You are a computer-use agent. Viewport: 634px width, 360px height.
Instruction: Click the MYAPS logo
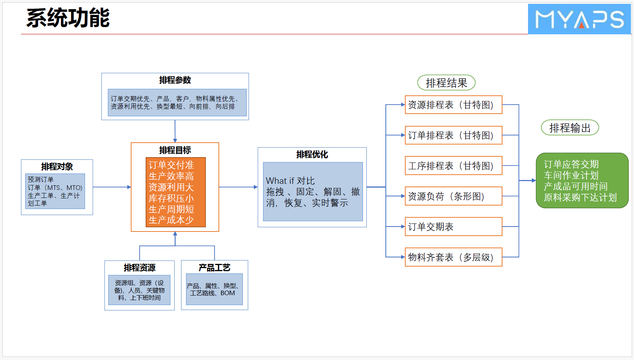pos(579,19)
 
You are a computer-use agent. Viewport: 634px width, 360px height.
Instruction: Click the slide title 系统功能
pos(68,18)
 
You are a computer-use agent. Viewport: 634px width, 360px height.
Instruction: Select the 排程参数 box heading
pos(175,80)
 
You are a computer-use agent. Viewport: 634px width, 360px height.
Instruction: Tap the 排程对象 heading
pos(57,167)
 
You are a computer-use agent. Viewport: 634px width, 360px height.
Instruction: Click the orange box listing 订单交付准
pos(175,192)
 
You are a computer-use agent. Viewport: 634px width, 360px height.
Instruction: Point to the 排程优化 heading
pos(312,154)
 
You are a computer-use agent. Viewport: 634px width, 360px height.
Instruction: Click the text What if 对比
pos(290,181)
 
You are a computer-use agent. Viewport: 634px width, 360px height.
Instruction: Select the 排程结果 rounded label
pos(446,83)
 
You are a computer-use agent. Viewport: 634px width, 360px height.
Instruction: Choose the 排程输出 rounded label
pos(570,128)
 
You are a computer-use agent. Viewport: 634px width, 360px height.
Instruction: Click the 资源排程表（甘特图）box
pos(453,105)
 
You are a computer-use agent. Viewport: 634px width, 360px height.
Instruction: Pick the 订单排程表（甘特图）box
pos(453,135)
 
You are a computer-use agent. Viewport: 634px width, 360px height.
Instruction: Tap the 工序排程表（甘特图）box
pos(453,166)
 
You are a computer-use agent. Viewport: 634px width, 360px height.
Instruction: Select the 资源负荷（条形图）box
pos(453,196)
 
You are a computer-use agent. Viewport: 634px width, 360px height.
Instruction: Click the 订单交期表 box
pos(453,227)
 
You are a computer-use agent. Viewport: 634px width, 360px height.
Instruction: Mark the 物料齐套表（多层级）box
pos(453,257)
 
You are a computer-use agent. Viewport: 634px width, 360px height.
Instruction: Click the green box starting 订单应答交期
pos(582,181)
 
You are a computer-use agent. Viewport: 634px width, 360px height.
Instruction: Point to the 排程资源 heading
pos(140,268)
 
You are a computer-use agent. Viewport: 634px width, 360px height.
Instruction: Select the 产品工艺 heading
pos(214,268)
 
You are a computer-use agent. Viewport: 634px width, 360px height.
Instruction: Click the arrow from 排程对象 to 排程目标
pos(112,187)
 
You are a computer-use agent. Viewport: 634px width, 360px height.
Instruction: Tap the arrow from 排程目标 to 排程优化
pos(238,187)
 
